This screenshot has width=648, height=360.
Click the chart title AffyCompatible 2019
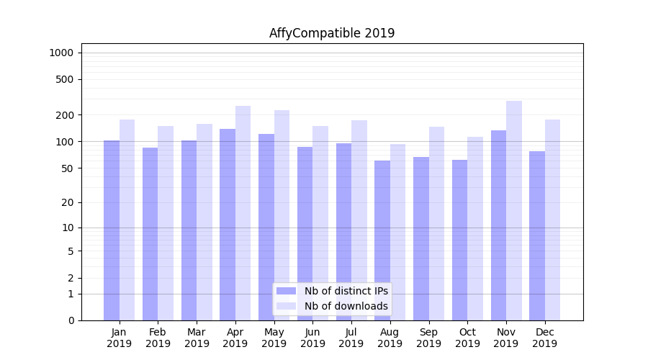click(332, 33)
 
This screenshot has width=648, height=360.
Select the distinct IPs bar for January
click(112, 230)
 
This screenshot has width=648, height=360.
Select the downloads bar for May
click(282, 215)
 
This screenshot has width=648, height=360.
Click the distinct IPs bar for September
click(421, 238)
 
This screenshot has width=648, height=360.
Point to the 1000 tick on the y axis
click(61, 53)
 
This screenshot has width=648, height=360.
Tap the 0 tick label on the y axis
click(71, 320)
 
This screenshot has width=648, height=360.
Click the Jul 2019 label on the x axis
click(351, 338)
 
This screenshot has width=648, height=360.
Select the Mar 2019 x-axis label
click(197, 338)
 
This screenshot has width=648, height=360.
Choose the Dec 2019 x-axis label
click(544, 338)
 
